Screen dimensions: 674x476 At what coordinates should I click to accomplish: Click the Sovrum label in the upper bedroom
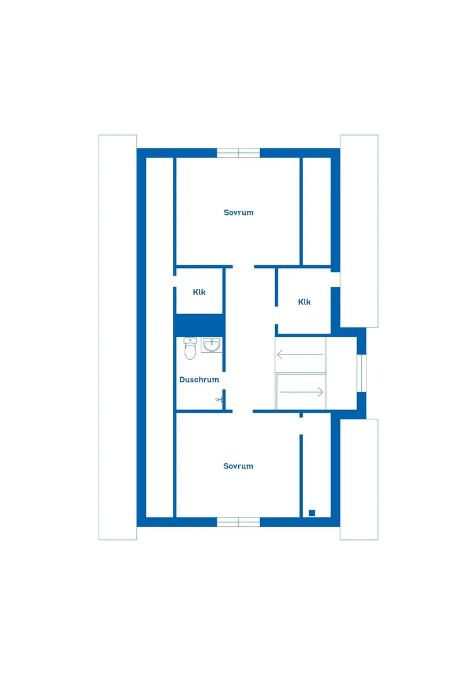(x=238, y=213)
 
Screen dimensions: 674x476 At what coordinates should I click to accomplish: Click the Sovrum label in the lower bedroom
(x=238, y=466)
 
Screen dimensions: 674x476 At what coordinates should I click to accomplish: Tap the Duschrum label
(x=199, y=380)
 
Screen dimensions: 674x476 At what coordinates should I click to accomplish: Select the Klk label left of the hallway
(x=199, y=292)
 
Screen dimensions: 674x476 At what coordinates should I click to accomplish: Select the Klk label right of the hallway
(x=305, y=302)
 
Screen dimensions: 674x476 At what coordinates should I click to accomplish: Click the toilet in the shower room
(x=190, y=349)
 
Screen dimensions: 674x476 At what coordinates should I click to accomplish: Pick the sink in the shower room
(x=211, y=345)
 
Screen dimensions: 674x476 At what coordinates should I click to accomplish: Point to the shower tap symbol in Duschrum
(x=219, y=399)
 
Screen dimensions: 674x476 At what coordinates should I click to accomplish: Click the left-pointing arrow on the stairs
(x=300, y=354)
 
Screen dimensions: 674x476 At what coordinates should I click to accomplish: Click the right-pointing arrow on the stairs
(x=301, y=392)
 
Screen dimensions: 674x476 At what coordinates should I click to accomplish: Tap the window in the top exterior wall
(x=238, y=153)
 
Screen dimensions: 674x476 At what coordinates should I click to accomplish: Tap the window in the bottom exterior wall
(x=238, y=522)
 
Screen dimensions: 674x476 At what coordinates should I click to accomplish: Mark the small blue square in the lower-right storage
(x=312, y=512)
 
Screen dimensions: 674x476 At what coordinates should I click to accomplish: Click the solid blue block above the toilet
(x=199, y=325)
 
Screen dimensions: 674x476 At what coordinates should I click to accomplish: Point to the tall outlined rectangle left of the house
(x=118, y=337)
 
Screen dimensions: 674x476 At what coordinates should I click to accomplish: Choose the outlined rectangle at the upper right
(x=359, y=231)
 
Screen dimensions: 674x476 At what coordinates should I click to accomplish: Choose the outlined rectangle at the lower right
(x=359, y=479)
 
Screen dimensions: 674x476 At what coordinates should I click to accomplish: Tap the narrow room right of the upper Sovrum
(x=317, y=211)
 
